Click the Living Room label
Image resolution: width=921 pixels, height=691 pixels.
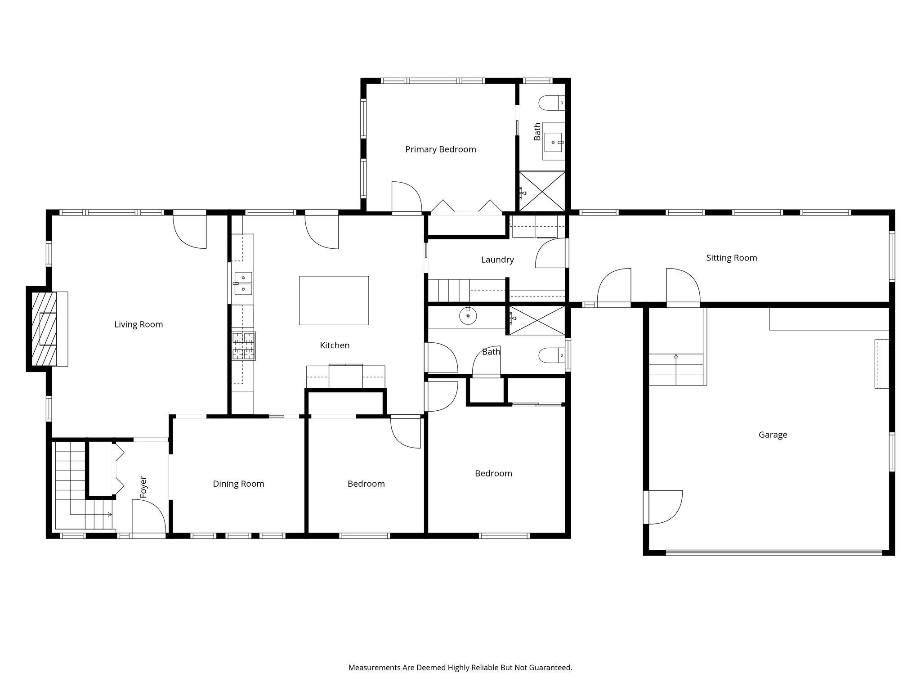click(139, 324)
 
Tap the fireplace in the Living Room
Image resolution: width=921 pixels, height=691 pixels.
click(47, 329)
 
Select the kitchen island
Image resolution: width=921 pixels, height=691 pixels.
click(334, 301)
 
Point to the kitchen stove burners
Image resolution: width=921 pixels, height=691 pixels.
click(244, 346)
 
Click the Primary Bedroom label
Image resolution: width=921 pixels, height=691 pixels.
click(441, 149)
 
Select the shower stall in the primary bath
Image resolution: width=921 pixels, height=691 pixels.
click(542, 191)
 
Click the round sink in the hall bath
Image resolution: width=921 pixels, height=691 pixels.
click(468, 316)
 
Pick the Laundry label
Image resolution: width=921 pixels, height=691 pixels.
click(497, 260)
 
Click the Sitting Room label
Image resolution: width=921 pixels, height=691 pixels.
click(732, 258)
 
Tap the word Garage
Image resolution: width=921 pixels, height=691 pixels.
click(773, 435)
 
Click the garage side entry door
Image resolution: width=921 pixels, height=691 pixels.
click(663, 507)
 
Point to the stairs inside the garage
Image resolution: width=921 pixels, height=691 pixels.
click(676, 369)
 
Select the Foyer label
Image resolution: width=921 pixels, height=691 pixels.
click(143, 487)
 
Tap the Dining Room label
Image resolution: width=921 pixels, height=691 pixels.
click(238, 484)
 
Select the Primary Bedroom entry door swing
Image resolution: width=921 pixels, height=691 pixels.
click(407, 197)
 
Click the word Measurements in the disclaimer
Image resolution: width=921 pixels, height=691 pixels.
click(375, 668)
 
